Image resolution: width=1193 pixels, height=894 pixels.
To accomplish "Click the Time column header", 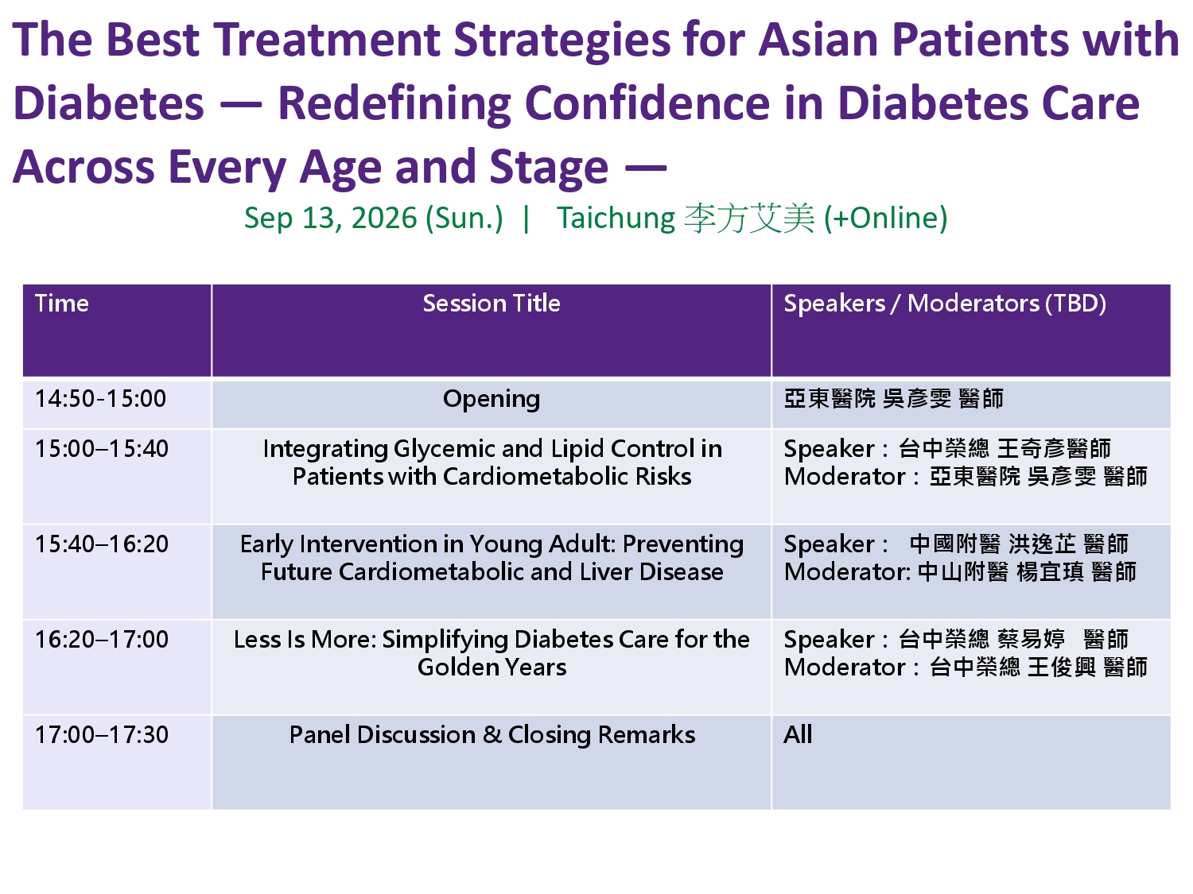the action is [61, 303].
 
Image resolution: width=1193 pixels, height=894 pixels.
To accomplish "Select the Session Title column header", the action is [492, 303].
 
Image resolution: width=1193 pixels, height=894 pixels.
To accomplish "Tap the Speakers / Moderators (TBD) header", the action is [945, 303].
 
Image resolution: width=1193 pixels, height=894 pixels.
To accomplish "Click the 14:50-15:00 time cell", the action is [100, 398].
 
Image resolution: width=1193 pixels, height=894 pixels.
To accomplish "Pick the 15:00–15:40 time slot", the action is [102, 448].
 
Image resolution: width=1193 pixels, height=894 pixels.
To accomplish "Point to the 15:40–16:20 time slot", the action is [102, 544].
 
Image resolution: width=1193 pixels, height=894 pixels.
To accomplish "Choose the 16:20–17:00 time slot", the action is [102, 640].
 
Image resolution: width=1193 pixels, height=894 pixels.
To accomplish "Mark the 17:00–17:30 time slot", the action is [102, 734].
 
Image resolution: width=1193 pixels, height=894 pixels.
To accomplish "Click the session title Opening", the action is [492, 400].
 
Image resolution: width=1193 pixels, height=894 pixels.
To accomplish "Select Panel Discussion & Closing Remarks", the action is [492, 734].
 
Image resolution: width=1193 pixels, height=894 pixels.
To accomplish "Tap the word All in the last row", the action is [798, 734].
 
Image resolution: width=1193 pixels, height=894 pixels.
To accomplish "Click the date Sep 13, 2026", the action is [330, 219].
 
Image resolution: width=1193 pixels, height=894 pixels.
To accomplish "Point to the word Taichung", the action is [616, 219].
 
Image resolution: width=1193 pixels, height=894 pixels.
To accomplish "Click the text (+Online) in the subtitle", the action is [885, 219].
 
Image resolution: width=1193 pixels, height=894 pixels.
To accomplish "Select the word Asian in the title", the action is [818, 40].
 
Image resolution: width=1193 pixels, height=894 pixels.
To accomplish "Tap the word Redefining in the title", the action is [394, 104].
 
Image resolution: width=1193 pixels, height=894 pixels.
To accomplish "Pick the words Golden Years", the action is [492, 667].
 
